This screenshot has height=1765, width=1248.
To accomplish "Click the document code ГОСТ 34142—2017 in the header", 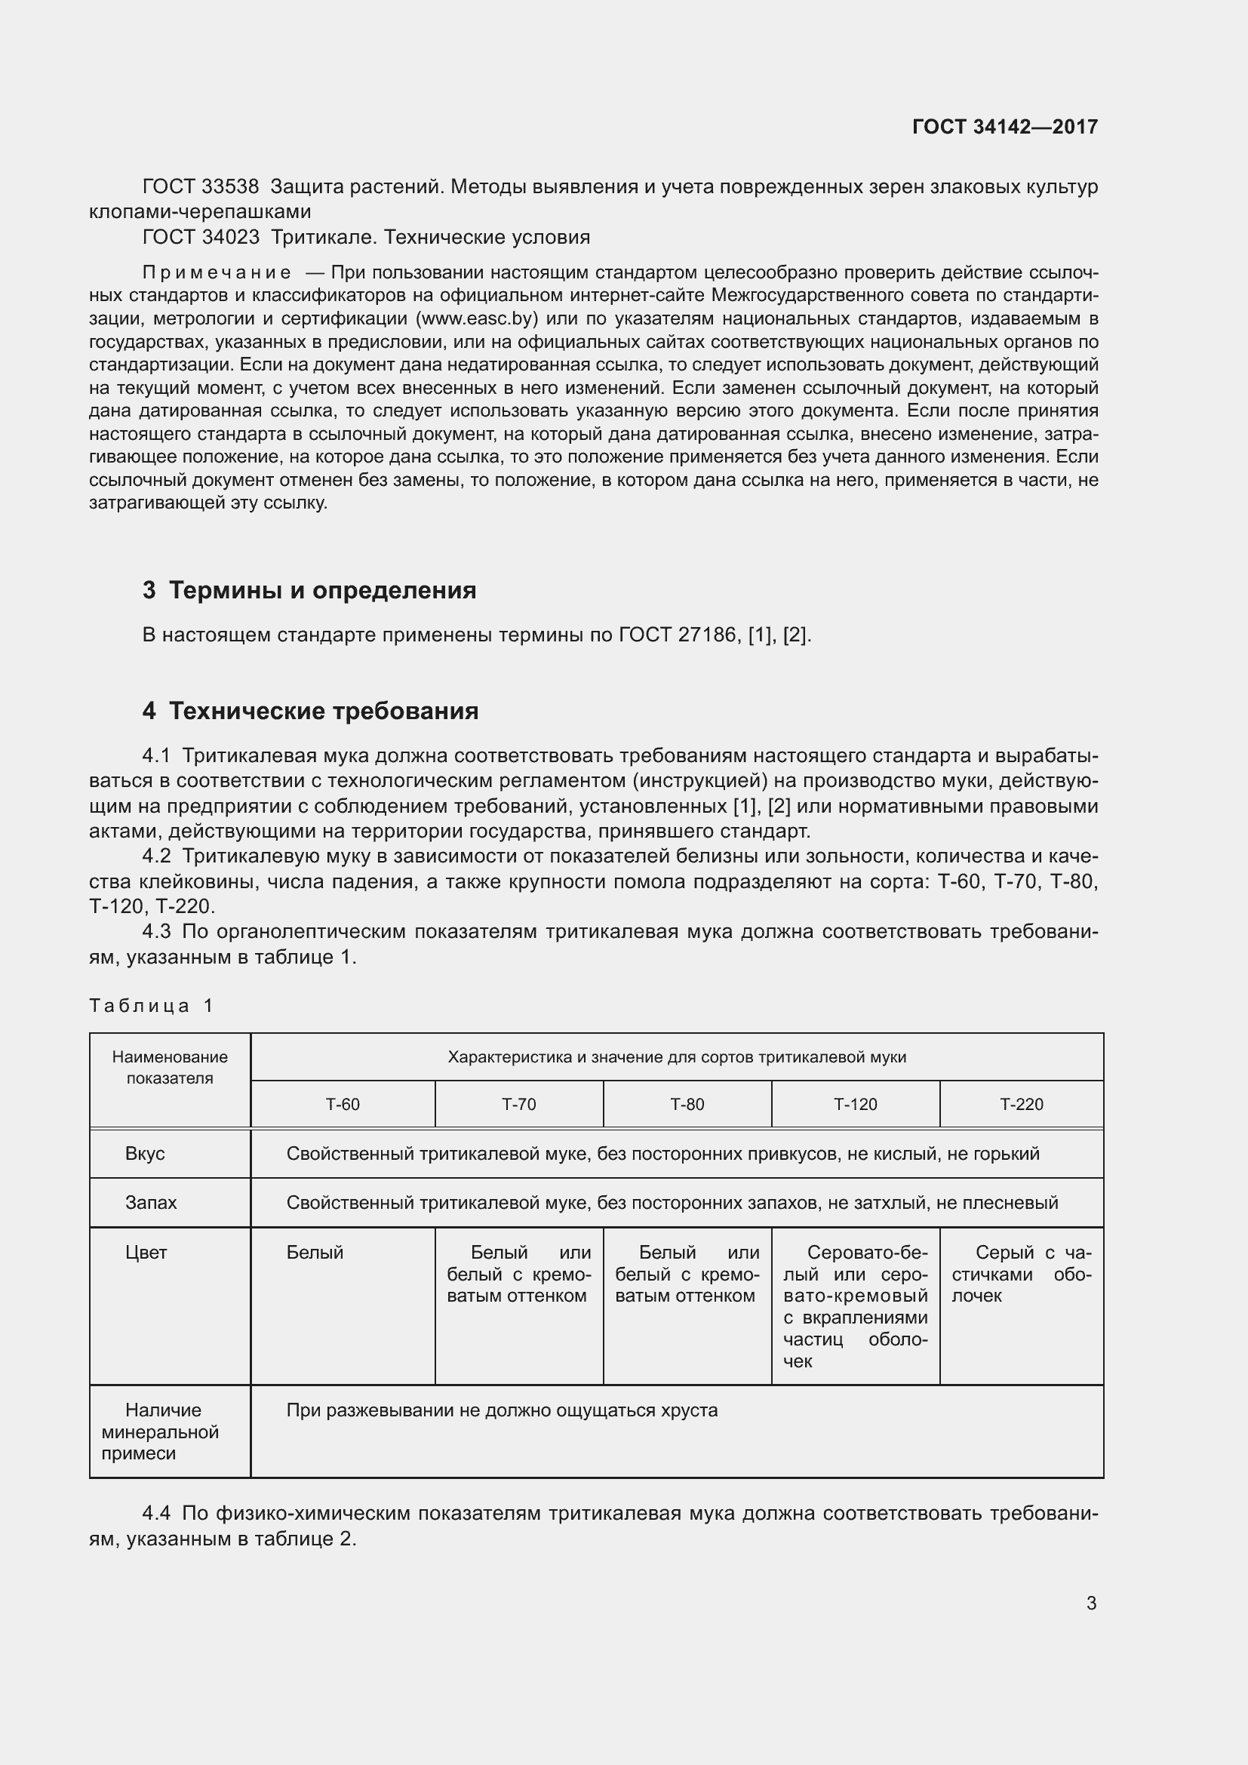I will [x=1004, y=127].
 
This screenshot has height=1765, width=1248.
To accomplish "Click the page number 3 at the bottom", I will [x=1091, y=1603].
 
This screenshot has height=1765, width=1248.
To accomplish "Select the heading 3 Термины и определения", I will [x=309, y=590].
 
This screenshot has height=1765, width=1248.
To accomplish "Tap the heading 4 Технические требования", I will [x=309, y=711].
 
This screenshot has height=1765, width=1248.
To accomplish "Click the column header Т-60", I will [x=342, y=1105].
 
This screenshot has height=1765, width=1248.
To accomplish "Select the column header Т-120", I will [x=855, y=1105].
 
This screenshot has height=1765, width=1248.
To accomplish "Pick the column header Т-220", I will [x=1022, y=1105].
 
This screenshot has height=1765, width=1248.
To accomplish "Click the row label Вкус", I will [x=144, y=1154].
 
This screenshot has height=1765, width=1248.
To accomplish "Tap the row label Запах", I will [x=151, y=1202].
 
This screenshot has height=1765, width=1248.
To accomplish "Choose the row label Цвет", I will [x=146, y=1253].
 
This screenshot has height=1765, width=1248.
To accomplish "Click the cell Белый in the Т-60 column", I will [x=315, y=1253].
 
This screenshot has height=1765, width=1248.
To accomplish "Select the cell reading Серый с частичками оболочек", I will [x=1022, y=1274].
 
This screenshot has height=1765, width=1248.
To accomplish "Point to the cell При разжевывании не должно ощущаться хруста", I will [x=502, y=1410].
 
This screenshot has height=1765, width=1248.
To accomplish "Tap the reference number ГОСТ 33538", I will [x=201, y=187].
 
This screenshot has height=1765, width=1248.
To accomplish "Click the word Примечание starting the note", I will [x=217, y=273].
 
